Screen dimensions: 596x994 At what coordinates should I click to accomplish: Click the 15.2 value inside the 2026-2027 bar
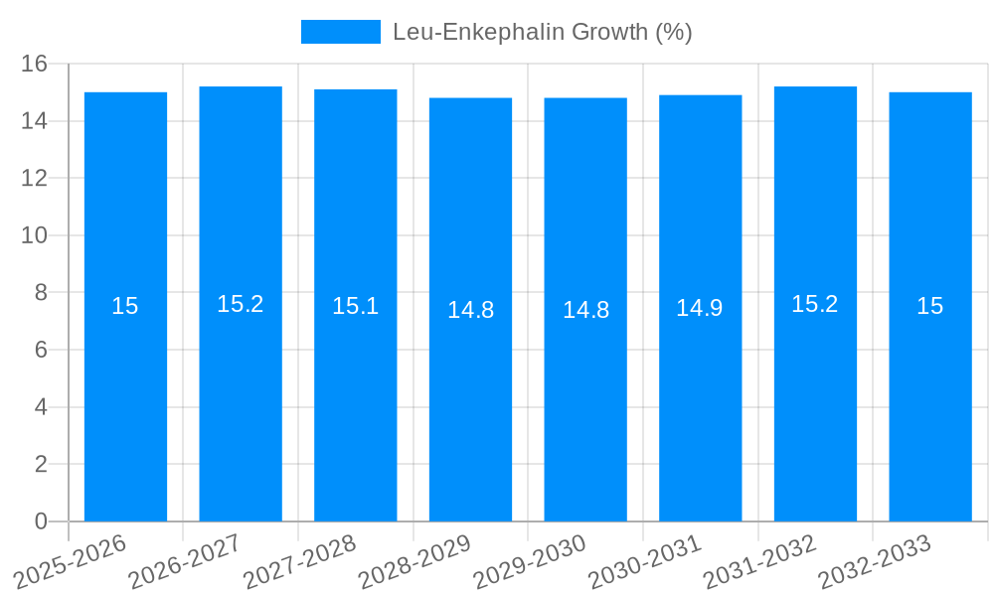[241, 304]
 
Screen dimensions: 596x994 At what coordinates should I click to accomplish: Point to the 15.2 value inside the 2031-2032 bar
[815, 304]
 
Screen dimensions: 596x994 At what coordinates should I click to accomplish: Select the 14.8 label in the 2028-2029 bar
[470, 310]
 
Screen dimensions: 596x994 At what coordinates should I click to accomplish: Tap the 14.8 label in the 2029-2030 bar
[585, 310]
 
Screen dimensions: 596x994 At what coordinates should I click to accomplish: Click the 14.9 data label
[700, 308]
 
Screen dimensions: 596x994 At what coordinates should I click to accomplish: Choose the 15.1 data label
[355, 306]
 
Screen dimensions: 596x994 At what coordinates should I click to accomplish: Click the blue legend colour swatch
[340, 32]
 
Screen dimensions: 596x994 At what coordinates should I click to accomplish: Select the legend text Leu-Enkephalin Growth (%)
[542, 32]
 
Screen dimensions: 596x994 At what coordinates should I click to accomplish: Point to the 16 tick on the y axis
[35, 64]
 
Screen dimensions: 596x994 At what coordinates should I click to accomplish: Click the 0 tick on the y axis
[41, 521]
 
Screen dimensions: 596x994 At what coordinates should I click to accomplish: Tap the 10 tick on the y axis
[35, 235]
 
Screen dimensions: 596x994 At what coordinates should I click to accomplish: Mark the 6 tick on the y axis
[41, 350]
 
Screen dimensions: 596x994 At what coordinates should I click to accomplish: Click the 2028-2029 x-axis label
[414, 561]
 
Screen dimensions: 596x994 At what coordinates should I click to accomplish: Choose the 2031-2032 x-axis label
[759, 561]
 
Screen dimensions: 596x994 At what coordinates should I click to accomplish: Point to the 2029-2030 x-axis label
[530, 561]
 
